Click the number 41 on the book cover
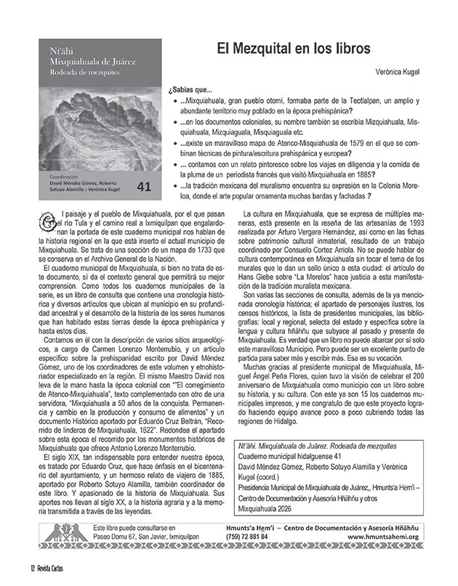[x=142, y=187]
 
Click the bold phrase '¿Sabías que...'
[x=188, y=90]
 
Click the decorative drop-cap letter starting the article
[x=47, y=216]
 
